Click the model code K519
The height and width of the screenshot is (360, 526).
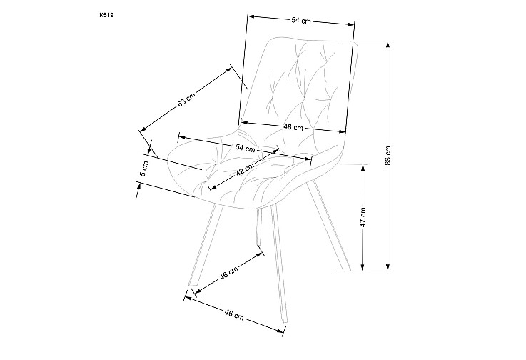(106, 15)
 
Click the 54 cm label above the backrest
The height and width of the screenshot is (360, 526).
(301, 21)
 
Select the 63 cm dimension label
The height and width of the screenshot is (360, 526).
(186, 100)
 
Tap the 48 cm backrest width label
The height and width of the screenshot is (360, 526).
(293, 127)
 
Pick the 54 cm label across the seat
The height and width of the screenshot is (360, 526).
(246, 148)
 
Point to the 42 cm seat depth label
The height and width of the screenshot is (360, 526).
(245, 169)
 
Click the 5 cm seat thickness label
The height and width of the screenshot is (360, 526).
(144, 169)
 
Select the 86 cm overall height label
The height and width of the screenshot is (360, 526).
(388, 155)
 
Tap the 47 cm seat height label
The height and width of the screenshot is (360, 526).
(363, 217)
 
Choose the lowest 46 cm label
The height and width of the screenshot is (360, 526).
(234, 315)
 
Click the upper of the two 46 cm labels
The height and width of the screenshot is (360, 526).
(229, 272)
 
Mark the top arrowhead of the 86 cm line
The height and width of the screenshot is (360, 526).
(388, 44)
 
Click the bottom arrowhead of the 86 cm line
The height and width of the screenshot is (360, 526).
(388, 267)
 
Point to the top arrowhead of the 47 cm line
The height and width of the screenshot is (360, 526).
(363, 167)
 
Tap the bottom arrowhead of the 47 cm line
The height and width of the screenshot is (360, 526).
(363, 267)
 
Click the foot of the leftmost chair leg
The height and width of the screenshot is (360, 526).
(192, 286)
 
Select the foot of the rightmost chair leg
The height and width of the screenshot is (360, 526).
(346, 269)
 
